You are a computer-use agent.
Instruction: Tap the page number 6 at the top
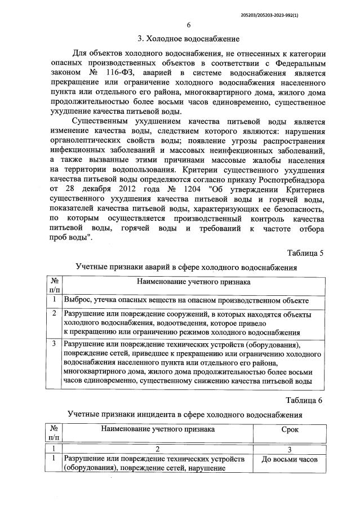click(189, 25)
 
